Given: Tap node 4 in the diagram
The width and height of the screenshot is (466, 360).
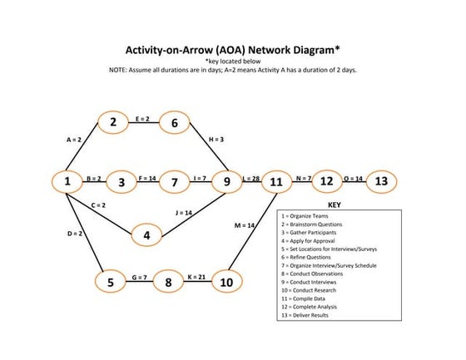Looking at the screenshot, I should [x=147, y=236].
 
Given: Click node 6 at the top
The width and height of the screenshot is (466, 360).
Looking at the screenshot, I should [x=175, y=123].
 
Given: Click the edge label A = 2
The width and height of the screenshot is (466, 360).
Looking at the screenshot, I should [x=74, y=141].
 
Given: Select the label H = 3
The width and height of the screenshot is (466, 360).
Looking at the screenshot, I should [x=216, y=140].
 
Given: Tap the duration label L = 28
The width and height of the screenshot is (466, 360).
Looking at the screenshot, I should [x=250, y=178].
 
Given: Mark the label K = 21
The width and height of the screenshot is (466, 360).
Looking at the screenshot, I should [x=197, y=275].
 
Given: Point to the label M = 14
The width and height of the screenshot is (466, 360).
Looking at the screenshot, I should [x=245, y=225].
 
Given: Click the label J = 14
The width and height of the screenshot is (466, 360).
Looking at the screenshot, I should [x=185, y=213].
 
